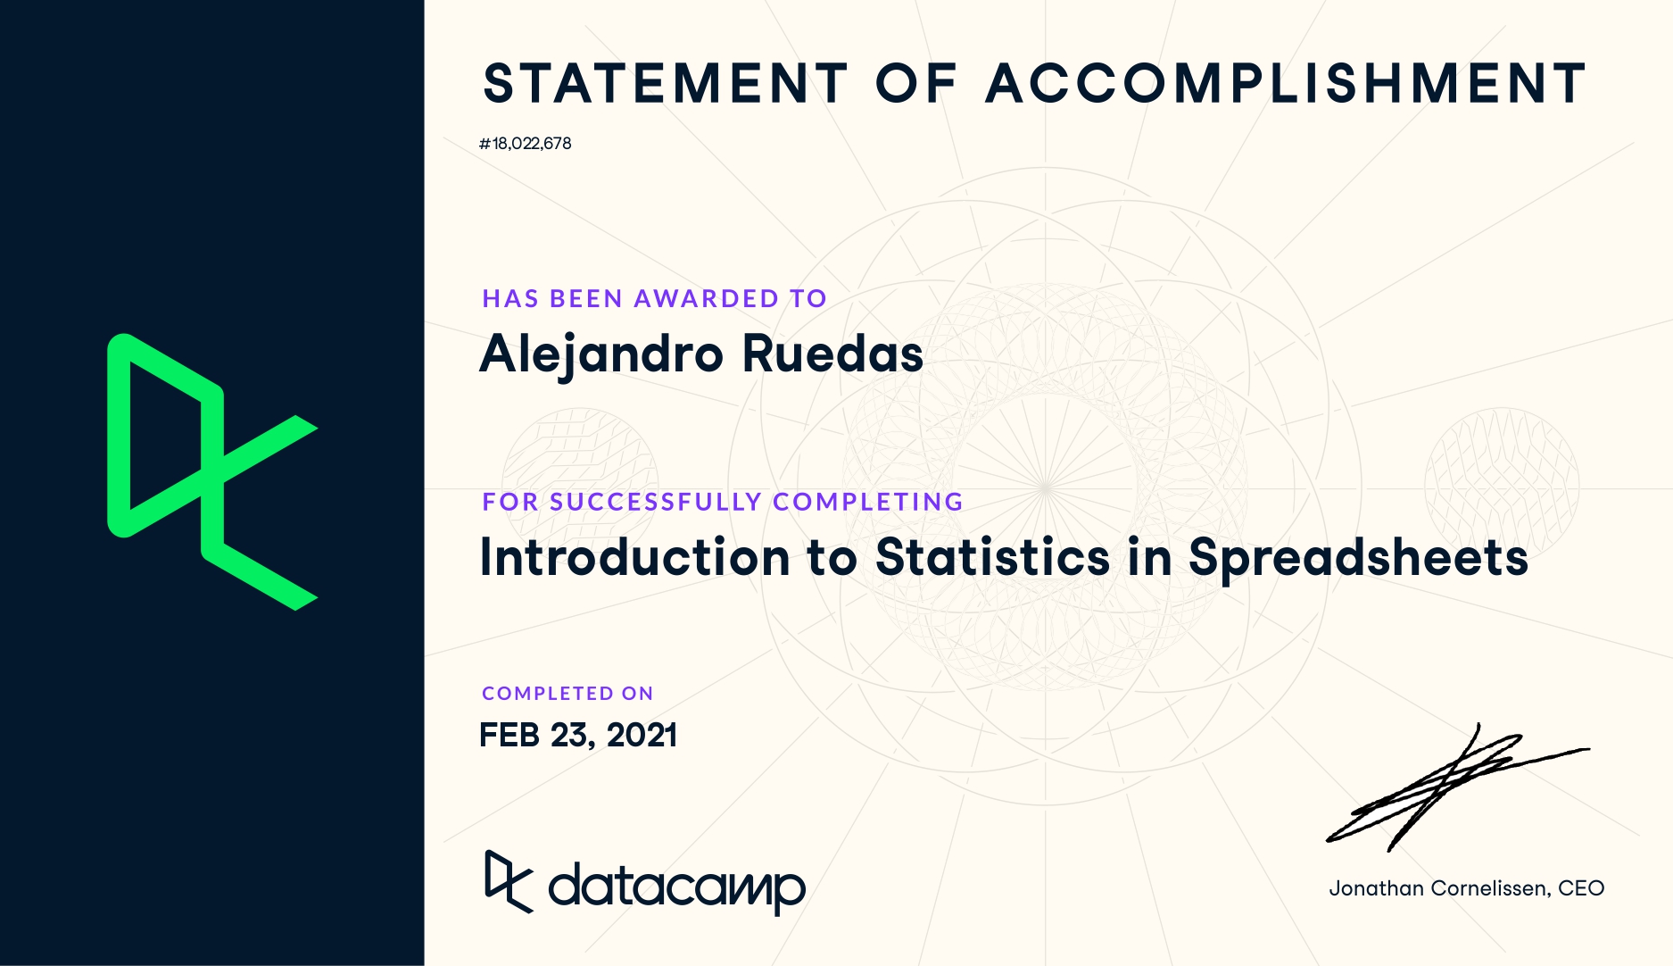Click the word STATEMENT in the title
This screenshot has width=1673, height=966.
(x=665, y=83)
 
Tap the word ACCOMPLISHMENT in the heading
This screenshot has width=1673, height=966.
(x=1286, y=83)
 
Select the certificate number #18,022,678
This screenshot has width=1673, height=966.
(x=525, y=144)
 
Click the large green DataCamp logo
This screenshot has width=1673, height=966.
(x=212, y=472)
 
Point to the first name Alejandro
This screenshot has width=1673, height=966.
(x=601, y=354)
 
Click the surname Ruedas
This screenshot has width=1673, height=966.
(x=832, y=354)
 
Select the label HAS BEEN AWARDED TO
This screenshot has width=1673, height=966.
(x=654, y=298)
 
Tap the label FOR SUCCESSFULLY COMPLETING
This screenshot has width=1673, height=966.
(x=723, y=502)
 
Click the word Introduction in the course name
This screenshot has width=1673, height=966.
(x=635, y=557)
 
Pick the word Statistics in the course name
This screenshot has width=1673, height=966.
(x=993, y=557)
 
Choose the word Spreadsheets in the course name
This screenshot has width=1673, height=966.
(x=1358, y=558)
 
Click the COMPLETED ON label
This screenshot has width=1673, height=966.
(x=567, y=694)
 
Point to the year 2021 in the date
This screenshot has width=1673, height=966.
(x=642, y=736)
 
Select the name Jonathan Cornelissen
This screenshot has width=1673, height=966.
(x=1439, y=888)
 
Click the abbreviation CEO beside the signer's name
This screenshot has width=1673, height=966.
(x=1581, y=888)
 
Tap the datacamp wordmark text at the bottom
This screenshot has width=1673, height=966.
(x=676, y=887)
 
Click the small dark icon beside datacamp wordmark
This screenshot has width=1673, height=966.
(x=509, y=882)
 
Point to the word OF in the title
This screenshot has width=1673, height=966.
(x=916, y=83)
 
